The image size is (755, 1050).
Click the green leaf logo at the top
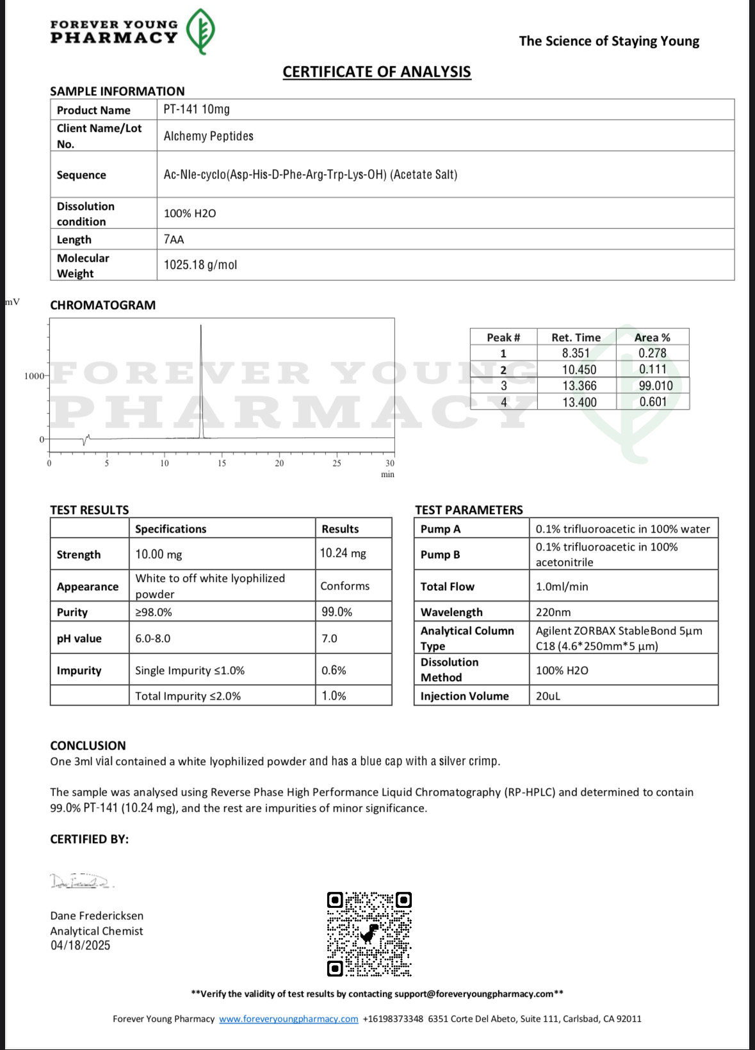click(x=200, y=31)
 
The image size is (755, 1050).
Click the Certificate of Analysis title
click(x=377, y=72)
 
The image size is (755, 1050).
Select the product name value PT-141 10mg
click(x=197, y=109)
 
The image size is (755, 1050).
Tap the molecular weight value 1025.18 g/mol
click(x=200, y=265)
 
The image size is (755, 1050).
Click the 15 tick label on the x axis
click(x=222, y=464)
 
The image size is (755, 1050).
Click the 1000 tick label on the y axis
click(x=34, y=376)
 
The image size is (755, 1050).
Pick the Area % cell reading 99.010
click(x=653, y=386)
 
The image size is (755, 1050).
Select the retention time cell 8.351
click(x=576, y=353)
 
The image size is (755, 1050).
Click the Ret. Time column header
click(x=576, y=337)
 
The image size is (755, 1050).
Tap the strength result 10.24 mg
click(x=343, y=553)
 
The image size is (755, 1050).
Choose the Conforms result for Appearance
click(x=345, y=586)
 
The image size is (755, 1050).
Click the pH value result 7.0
click(x=329, y=638)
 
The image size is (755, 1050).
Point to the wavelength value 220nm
click(x=553, y=612)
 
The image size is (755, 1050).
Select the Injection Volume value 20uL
click(x=548, y=696)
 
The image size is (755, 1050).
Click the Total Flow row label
click(x=447, y=586)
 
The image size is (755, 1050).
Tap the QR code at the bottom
click(x=369, y=934)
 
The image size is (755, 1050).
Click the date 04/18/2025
click(x=80, y=946)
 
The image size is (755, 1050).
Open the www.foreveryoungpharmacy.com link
click(x=288, y=1019)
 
